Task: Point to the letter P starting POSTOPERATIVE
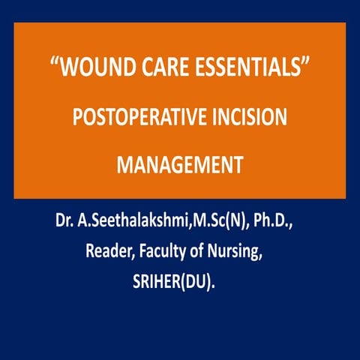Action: pyautogui.click(x=77, y=120)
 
